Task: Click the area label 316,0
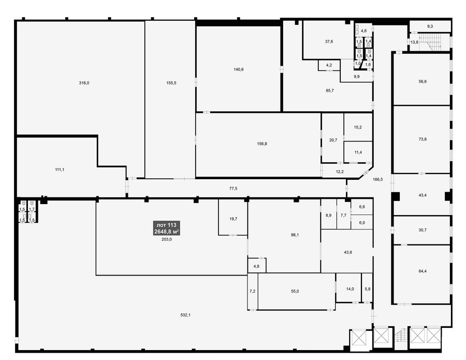coord(84,83)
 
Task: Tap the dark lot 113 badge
coord(166,228)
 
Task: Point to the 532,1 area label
coord(185,315)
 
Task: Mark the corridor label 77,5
coord(234,188)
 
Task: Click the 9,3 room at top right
coord(430,26)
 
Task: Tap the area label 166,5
coord(378,179)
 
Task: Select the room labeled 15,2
coord(358,127)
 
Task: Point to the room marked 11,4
coord(358,152)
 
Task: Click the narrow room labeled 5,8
coord(367,289)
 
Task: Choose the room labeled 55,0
coord(295,291)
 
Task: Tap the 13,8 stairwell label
coord(414,42)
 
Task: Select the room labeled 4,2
coord(329,65)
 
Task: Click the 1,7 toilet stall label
coord(32,209)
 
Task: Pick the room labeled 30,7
coord(423,230)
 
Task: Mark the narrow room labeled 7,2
coord(252,291)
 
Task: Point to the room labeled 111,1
coord(60,169)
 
